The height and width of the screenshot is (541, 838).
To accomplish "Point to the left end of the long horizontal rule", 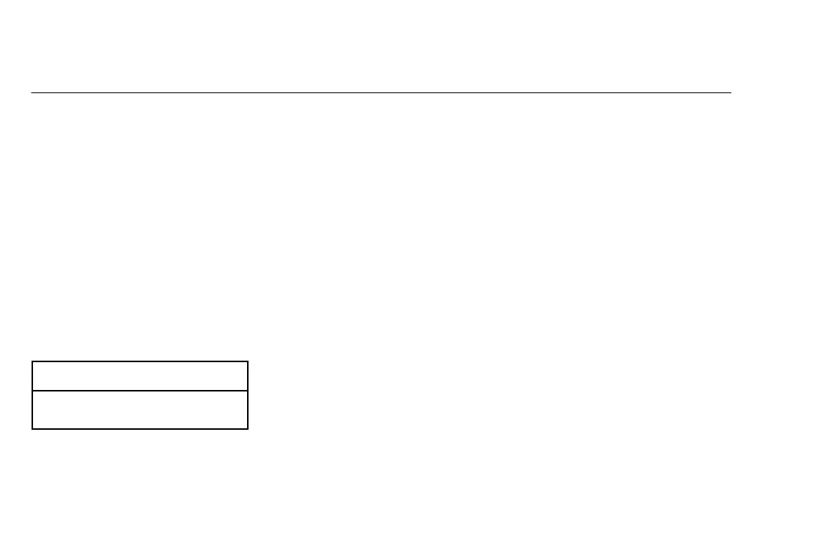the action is [x=32, y=93].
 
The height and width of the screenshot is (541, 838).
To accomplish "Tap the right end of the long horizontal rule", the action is [x=731, y=93].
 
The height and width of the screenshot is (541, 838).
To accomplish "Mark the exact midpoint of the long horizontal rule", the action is [x=381, y=93].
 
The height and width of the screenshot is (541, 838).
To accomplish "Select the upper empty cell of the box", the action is [x=140, y=376].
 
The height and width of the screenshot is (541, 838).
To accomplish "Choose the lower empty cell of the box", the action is [x=140, y=410].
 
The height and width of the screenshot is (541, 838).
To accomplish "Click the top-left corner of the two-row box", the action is [x=32, y=361].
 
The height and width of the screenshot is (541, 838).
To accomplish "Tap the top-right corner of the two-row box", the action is [x=247, y=361].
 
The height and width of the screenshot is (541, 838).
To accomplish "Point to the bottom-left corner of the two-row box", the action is [x=32, y=428].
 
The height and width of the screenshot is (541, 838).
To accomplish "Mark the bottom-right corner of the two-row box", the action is [x=247, y=428].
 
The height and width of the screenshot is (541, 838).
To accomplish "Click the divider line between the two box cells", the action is [x=140, y=391].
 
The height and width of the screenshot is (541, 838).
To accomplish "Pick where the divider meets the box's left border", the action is [x=32, y=391].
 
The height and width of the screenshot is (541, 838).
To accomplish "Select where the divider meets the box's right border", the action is [x=247, y=391].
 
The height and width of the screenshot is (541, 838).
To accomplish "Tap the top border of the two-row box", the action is [x=140, y=361].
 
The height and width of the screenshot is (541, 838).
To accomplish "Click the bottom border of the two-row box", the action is [x=140, y=428].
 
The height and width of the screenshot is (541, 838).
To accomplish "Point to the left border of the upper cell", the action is [x=32, y=376].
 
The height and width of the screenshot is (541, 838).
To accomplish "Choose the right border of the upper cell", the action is [x=247, y=376].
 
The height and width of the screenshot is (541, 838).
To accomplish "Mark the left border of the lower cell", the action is [x=32, y=410].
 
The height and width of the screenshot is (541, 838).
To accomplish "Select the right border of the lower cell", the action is [x=247, y=410].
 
